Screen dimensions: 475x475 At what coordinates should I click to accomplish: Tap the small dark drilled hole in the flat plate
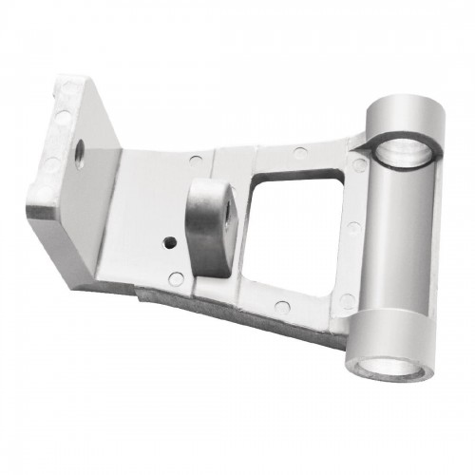coord(168,241)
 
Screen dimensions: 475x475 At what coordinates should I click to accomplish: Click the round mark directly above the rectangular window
coord(299,153)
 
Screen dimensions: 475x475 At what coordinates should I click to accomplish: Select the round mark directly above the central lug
coord(195,160)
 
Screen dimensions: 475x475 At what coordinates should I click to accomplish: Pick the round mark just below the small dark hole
coord(177,277)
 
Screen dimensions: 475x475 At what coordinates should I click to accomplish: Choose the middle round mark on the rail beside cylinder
coord(353,228)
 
